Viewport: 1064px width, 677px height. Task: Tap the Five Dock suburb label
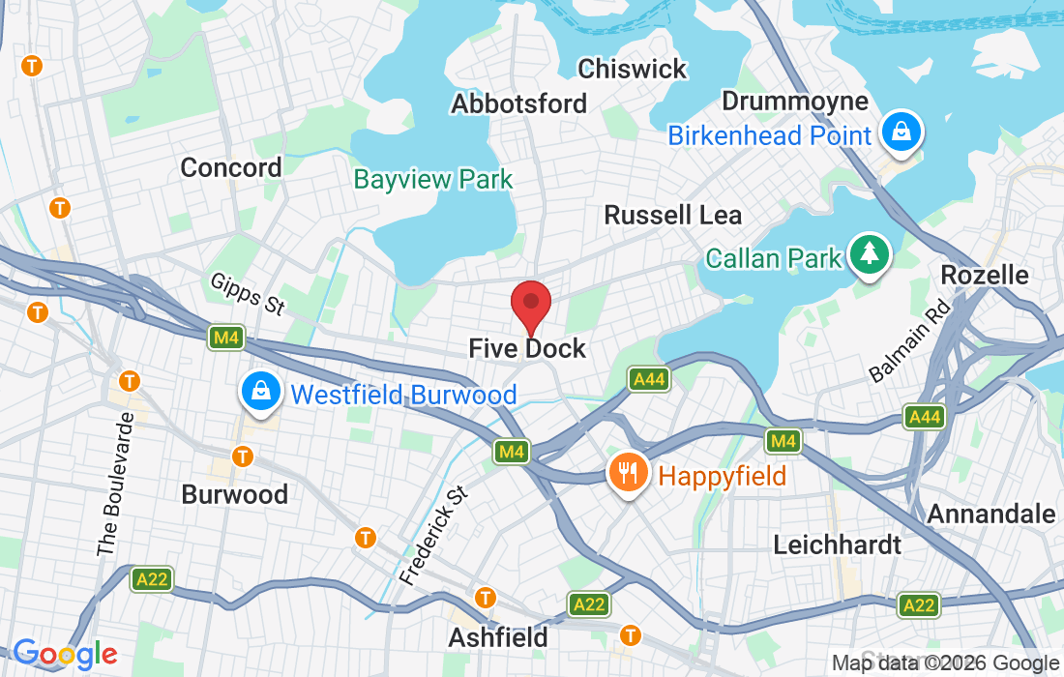[527, 348]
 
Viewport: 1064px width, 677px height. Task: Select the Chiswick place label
[632, 69]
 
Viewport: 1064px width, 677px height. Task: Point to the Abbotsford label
[519, 103]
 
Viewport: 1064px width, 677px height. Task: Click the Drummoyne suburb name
[795, 102]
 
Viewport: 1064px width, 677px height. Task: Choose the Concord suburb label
[231, 167]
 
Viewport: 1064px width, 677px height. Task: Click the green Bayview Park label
[433, 179]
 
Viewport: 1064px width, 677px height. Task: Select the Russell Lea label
[673, 215]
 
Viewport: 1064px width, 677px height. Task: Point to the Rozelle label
[985, 276]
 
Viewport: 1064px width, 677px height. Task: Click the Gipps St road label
[248, 293]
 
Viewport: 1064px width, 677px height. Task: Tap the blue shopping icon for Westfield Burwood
[260, 393]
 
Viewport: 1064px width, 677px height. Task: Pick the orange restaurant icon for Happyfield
[627, 474]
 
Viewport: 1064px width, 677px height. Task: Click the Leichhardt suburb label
[838, 545]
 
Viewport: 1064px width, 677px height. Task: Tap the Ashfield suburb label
[498, 637]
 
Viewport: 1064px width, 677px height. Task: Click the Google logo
[65, 655]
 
